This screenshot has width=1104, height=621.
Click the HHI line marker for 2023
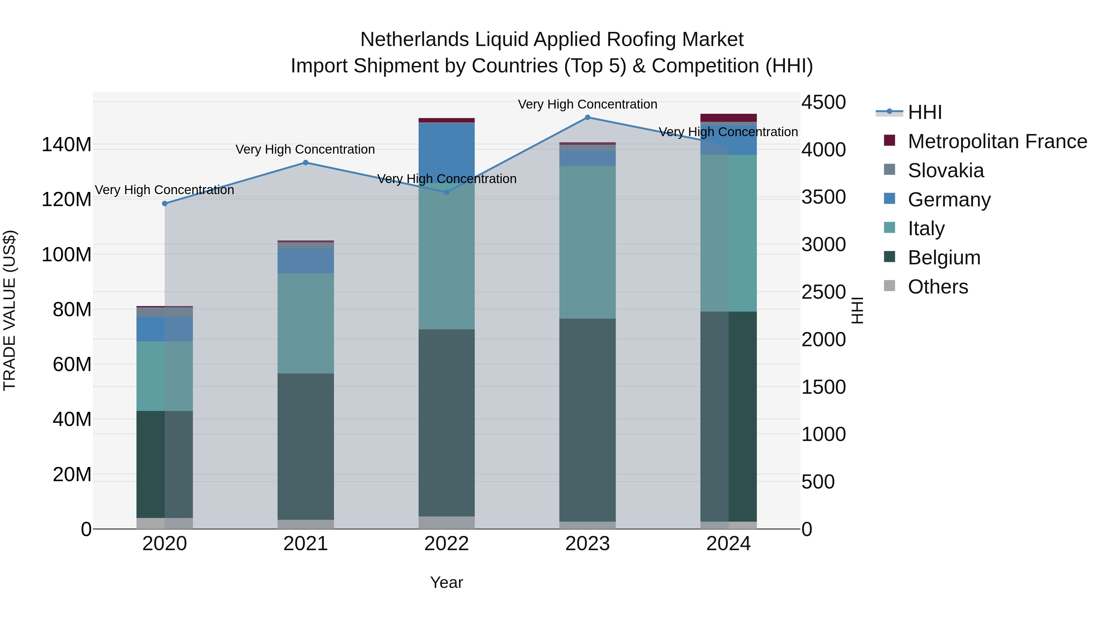pos(587,117)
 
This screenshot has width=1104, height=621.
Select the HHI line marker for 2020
pos(165,204)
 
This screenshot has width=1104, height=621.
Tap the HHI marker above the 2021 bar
pos(305,163)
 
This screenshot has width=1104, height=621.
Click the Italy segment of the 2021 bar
pos(305,323)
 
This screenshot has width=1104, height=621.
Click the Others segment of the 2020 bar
pos(165,523)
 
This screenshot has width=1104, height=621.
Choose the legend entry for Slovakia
pos(945,171)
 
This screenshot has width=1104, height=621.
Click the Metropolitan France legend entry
pos(997,141)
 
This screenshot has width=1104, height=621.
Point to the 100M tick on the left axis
pos(67,255)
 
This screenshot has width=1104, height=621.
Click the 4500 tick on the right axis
pos(823,102)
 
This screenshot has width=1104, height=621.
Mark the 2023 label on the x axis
pos(587,544)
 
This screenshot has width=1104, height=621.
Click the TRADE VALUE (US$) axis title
pos(10,310)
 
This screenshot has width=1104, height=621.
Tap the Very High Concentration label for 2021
pos(305,150)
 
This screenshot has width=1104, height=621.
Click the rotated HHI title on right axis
pos(857,310)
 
